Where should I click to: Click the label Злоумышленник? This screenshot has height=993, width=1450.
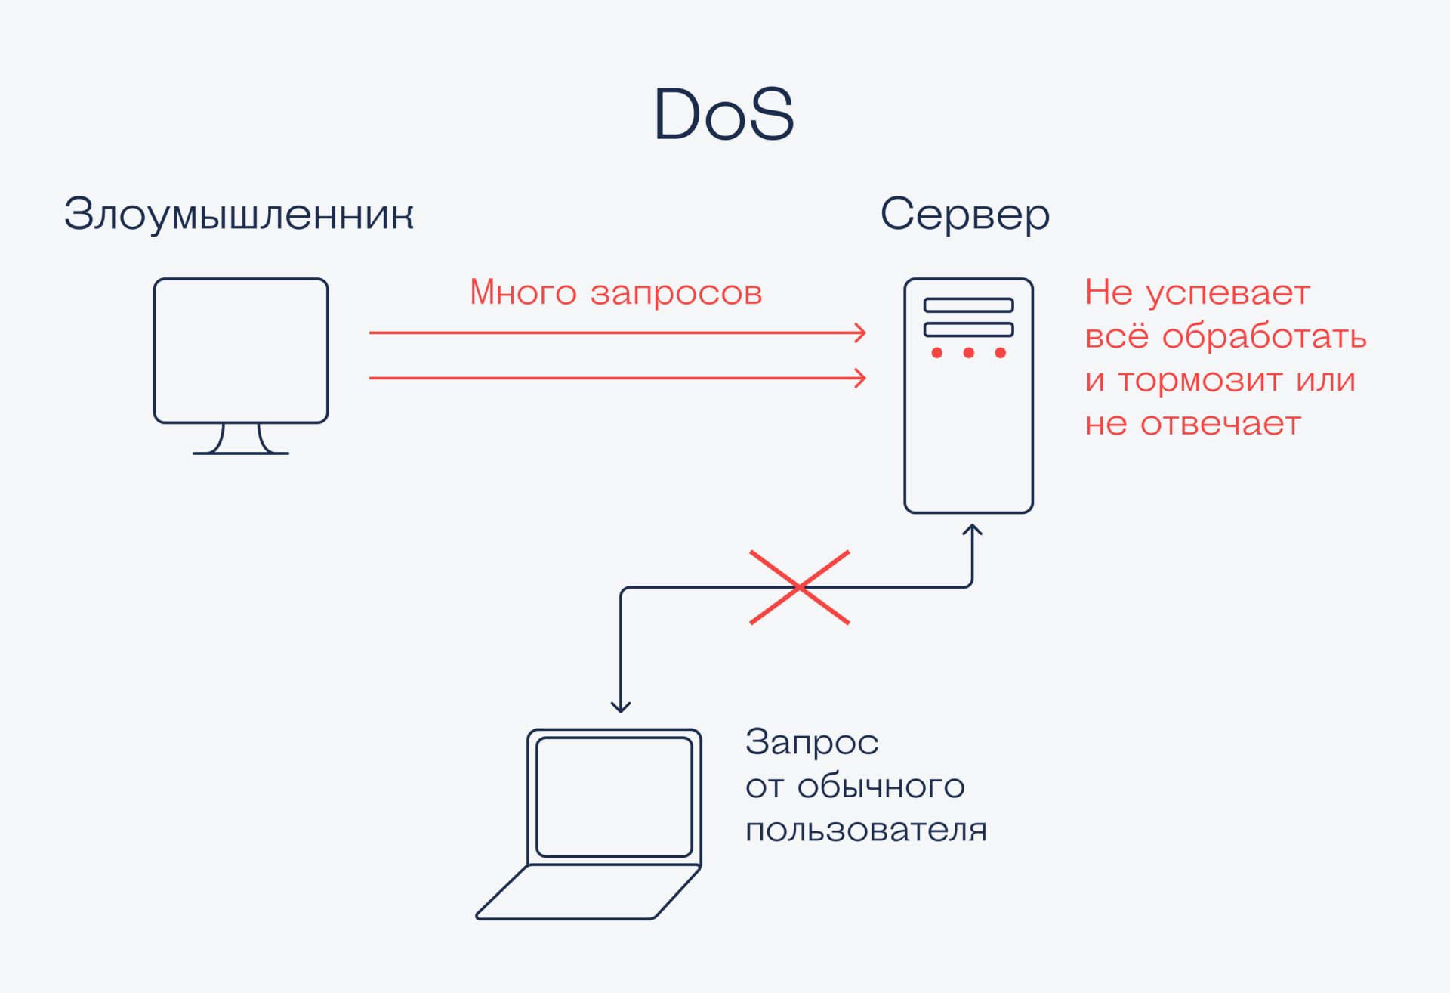(239, 215)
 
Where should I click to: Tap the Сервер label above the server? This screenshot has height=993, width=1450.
(964, 215)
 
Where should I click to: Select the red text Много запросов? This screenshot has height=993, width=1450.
(615, 292)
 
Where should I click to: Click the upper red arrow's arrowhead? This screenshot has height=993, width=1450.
(860, 333)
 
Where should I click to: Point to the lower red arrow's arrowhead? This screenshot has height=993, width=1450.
(860, 378)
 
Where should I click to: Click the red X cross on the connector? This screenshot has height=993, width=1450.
(800, 587)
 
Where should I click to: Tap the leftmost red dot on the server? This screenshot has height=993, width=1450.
(936, 353)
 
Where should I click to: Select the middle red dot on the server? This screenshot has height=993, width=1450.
(968, 353)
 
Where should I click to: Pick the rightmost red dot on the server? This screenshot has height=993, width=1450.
(1000, 353)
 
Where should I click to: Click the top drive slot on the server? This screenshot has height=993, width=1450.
(968, 305)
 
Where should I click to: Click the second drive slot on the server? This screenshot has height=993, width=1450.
(968, 329)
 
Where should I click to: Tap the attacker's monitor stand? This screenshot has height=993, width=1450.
(241, 440)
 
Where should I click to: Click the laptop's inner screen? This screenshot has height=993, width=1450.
(614, 797)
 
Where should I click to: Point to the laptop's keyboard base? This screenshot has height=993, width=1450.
(589, 892)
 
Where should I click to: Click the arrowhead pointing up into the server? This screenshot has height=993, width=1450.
(972, 531)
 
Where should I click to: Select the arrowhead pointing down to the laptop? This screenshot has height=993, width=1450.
(621, 707)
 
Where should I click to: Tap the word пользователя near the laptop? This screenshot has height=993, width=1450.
(865, 831)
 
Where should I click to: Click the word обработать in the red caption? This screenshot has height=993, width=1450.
(1263, 336)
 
